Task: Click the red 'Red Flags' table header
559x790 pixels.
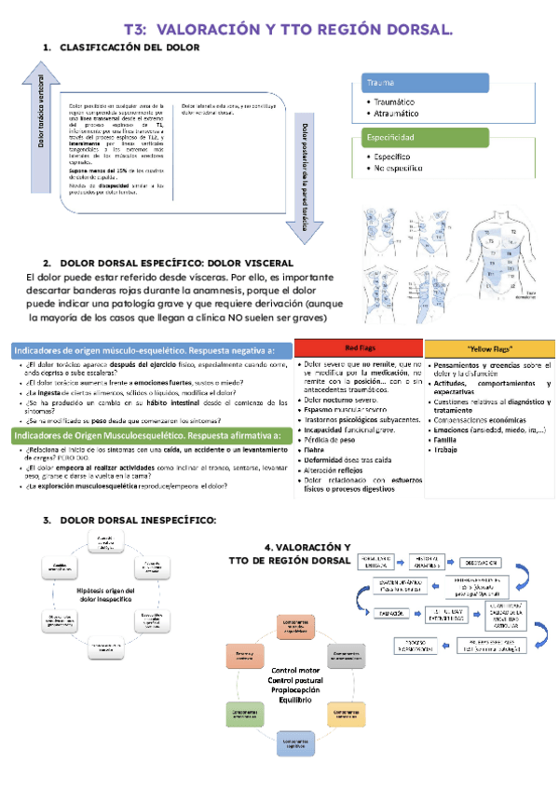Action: [358, 347]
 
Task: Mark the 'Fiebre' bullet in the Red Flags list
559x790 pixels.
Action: [317, 450]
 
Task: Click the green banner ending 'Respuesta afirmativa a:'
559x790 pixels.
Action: [148, 434]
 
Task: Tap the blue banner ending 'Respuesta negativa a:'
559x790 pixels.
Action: [148, 349]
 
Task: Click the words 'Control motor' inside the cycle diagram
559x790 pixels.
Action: [295, 670]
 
